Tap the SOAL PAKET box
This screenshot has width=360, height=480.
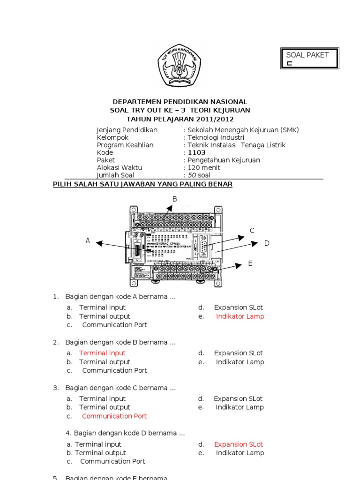pyautogui.click(x=309, y=59)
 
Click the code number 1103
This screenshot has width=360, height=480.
pyautogui.click(x=197, y=152)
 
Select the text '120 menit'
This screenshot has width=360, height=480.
pyautogui.click(x=204, y=167)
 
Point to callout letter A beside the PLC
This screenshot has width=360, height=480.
pyautogui.click(x=88, y=240)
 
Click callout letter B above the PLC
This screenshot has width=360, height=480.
pyautogui.click(x=175, y=199)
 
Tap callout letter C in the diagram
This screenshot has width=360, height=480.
pyautogui.click(x=252, y=231)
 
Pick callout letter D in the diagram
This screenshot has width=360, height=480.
pyautogui.click(x=267, y=243)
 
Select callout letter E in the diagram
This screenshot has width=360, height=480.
pyautogui.click(x=250, y=264)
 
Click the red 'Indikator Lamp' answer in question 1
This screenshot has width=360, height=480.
pyautogui.click(x=240, y=316)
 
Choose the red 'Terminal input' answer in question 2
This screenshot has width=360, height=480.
pyautogui.click(x=102, y=353)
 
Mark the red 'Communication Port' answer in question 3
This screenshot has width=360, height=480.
pyautogui.click(x=114, y=416)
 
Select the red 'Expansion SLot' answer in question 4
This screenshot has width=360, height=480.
pyautogui.click(x=239, y=444)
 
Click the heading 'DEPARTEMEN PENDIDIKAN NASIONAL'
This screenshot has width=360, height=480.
pyautogui.click(x=180, y=102)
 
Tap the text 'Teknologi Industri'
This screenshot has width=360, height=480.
pyautogui.click(x=216, y=137)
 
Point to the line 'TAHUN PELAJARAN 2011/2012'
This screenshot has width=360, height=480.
pyautogui.click(x=180, y=119)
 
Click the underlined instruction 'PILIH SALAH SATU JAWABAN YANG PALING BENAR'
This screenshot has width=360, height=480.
pyautogui.click(x=142, y=185)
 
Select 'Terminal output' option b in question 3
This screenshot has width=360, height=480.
pyautogui.click(x=105, y=407)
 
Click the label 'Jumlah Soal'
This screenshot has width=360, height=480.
pyautogui.click(x=115, y=175)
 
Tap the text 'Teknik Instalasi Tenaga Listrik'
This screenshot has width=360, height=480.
pyautogui.click(x=237, y=145)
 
